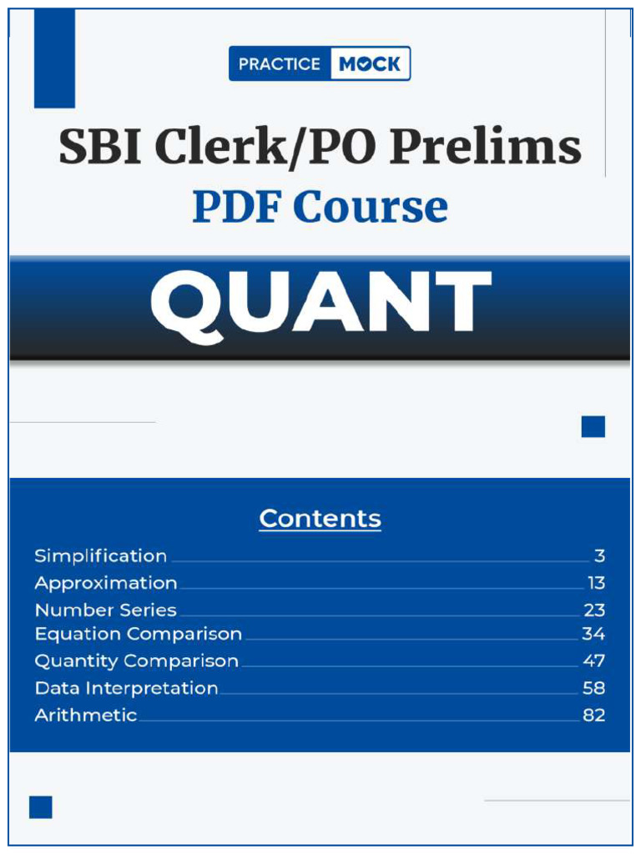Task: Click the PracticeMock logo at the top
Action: (x=320, y=63)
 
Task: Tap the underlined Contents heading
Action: (x=320, y=519)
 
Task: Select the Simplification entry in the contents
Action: (x=101, y=556)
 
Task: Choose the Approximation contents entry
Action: (x=106, y=583)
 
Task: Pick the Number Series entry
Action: (x=106, y=610)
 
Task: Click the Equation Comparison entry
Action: (x=139, y=635)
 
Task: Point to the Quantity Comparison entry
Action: (x=137, y=661)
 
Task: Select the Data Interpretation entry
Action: (x=127, y=689)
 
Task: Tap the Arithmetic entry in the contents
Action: (x=86, y=716)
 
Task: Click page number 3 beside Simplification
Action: (x=599, y=556)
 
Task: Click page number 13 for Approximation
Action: (x=596, y=583)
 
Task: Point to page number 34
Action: (x=593, y=635)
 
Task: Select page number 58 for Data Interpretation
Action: (x=593, y=689)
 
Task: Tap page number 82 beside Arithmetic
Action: (x=593, y=716)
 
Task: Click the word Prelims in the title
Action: (x=485, y=148)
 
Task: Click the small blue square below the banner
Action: (x=593, y=427)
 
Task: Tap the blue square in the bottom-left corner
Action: (x=41, y=807)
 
